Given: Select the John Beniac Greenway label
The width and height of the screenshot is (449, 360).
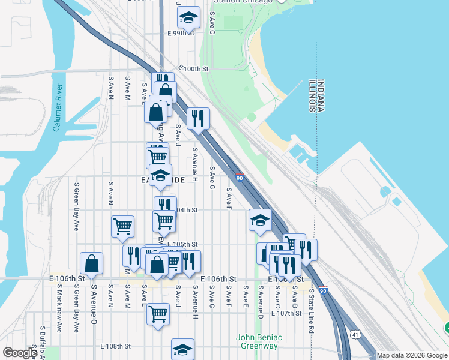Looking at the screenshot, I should pyautogui.click(x=259, y=341).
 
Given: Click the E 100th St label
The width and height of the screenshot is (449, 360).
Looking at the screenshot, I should pyautogui.click(x=193, y=69).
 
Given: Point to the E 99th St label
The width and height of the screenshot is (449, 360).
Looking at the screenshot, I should pyautogui.click(x=181, y=32).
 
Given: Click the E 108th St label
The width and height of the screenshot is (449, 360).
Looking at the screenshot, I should pyautogui.click(x=115, y=346).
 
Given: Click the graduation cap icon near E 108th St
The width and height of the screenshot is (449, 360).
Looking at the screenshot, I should pyautogui.click(x=182, y=349).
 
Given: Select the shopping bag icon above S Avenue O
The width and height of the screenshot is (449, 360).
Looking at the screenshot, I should pyautogui.click(x=91, y=263).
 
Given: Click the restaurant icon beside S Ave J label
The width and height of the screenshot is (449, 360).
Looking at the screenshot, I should pyautogui.click(x=198, y=118).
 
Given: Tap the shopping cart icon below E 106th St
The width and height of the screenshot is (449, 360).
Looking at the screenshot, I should pyautogui.click(x=158, y=313).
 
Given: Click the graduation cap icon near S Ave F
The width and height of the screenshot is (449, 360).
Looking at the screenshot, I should pyautogui.click(x=260, y=220).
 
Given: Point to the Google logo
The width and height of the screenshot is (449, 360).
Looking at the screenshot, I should pyautogui.click(x=20, y=353).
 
